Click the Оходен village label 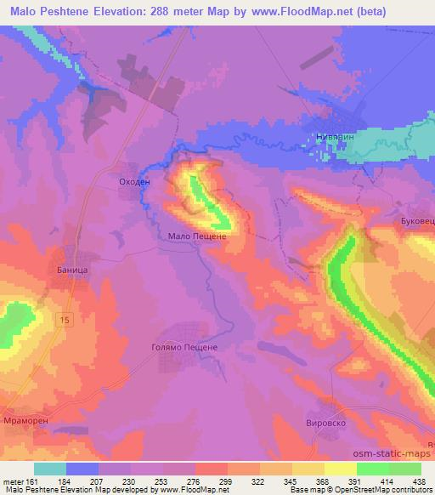tap(134, 181)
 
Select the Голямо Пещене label tap(185, 348)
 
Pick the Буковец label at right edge tap(417, 221)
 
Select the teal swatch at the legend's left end tap(50, 469)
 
